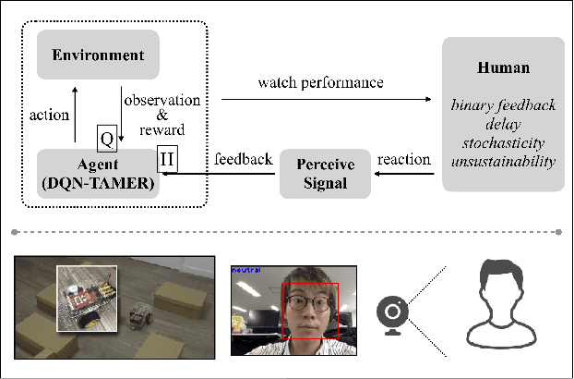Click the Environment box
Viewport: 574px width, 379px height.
click(98, 55)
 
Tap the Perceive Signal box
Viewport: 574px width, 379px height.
click(326, 173)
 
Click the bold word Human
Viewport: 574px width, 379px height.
click(503, 68)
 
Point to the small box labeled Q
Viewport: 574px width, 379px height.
click(107, 139)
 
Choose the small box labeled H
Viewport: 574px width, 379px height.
click(167, 159)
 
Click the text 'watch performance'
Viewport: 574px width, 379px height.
click(321, 82)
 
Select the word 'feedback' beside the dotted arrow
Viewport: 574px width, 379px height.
click(243, 159)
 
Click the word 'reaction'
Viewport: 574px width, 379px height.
click(405, 159)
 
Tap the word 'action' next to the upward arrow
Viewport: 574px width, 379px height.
click(50, 116)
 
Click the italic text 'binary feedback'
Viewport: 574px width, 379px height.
click(503, 105)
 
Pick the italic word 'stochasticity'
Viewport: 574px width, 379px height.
click(503, 143)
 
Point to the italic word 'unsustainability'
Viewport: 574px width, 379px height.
click(503, 162)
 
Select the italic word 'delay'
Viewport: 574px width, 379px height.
click(503, 124)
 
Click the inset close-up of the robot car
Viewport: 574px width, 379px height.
click(87, 297)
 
